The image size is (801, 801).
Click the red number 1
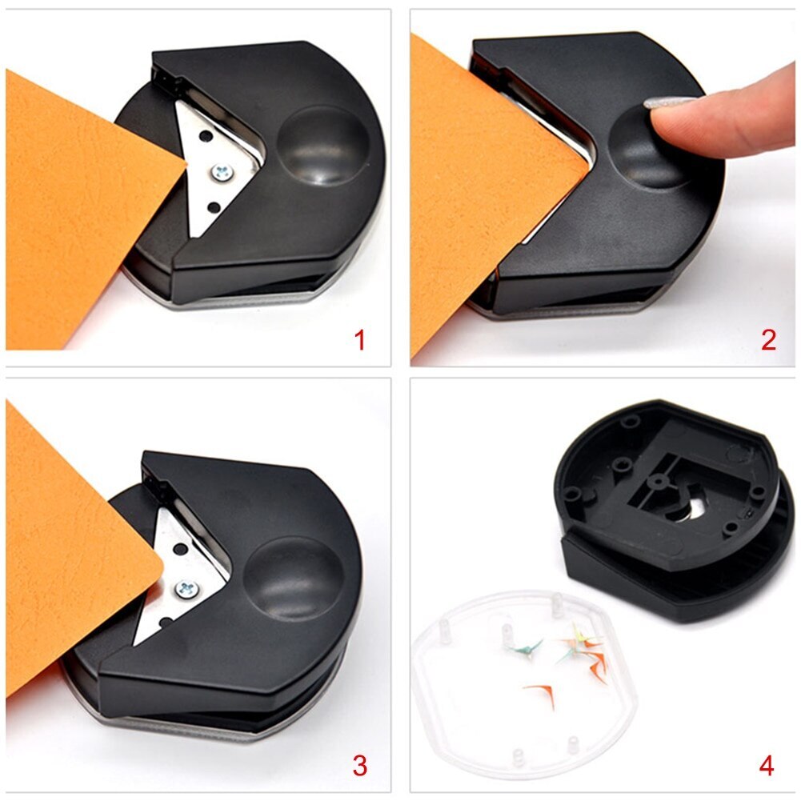360,340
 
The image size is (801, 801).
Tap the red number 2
768,340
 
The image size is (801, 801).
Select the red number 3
360,766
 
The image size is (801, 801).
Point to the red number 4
767,766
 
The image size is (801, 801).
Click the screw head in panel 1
220,170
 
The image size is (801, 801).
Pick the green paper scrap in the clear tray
530,647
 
